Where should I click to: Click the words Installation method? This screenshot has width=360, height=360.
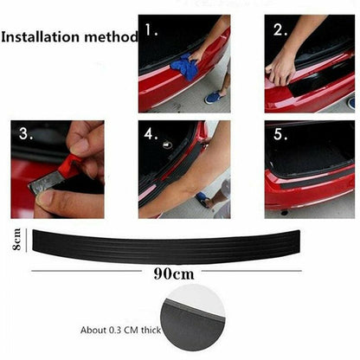tap(69, 38)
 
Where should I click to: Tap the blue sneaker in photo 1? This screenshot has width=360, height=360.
tap(214, 97)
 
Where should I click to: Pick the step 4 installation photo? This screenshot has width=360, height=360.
tap(184, 169)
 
